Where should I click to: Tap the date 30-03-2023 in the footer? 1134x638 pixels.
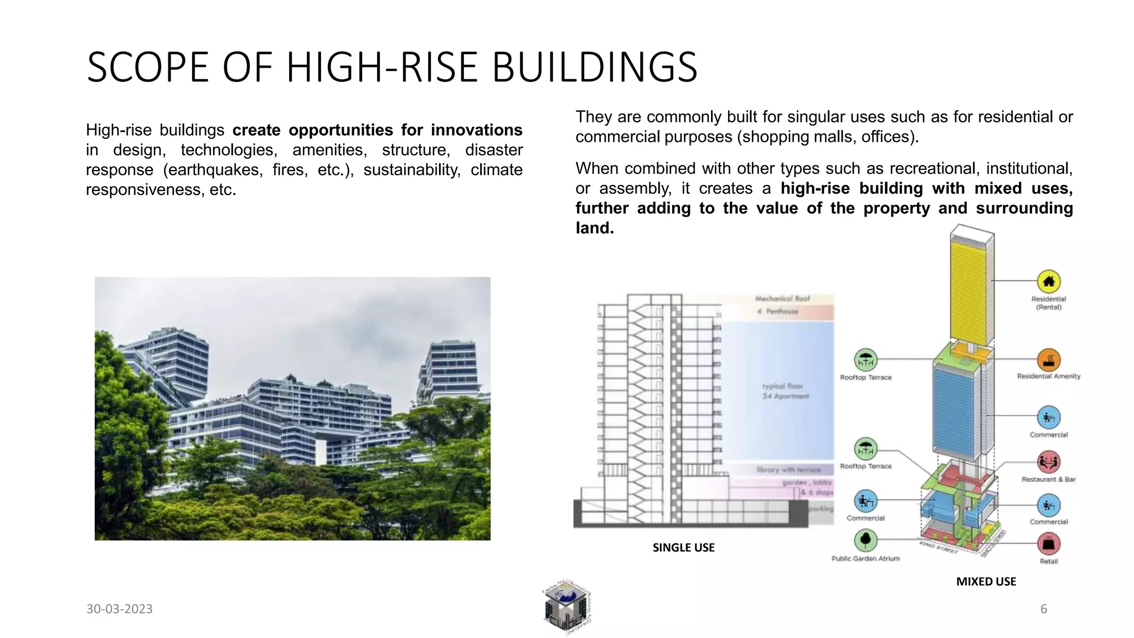point(119,609)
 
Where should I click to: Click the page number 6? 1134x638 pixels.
point(1044,609)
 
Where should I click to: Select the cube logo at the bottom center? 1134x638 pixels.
point(566,608)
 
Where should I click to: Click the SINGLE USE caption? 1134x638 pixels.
point(683,547)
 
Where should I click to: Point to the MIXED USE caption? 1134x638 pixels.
point(986,581)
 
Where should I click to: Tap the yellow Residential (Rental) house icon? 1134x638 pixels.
point(1048,282)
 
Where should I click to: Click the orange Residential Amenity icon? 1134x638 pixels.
point(1048,360)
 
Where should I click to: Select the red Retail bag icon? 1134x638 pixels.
point(1048,544)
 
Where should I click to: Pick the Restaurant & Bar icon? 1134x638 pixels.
point(1048,461)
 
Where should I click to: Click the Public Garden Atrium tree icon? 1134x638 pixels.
point(865,540)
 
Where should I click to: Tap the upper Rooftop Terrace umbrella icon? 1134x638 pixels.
point(865,361)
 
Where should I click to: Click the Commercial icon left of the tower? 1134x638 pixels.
point(865,501)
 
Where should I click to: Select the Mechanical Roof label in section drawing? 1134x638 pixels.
point(782,299)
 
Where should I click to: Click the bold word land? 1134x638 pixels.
point(594,228)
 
